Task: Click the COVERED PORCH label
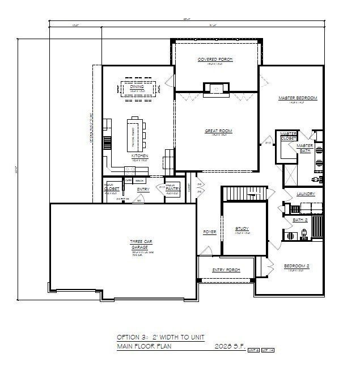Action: (x=215, y=60)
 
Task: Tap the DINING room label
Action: (x=137, y=87)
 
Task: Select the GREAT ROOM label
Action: (x=218, y=131)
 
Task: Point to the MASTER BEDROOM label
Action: (x=298, y=98)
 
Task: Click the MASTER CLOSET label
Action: (x=289, y=136)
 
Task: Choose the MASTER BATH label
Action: (x=305, y=148)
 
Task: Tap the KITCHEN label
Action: (x=139, y=156)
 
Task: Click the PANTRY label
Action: (x=173, y=188)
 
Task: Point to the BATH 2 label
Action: (x=300, y=220)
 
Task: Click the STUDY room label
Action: (x=242, y=229)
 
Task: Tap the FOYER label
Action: (x=210, y=232)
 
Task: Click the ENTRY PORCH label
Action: (x=226, y=270)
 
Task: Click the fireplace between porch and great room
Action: (x=217, y=87)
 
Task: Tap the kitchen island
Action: (x=136, y=132)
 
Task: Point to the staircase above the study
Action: (x=244, y=194)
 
